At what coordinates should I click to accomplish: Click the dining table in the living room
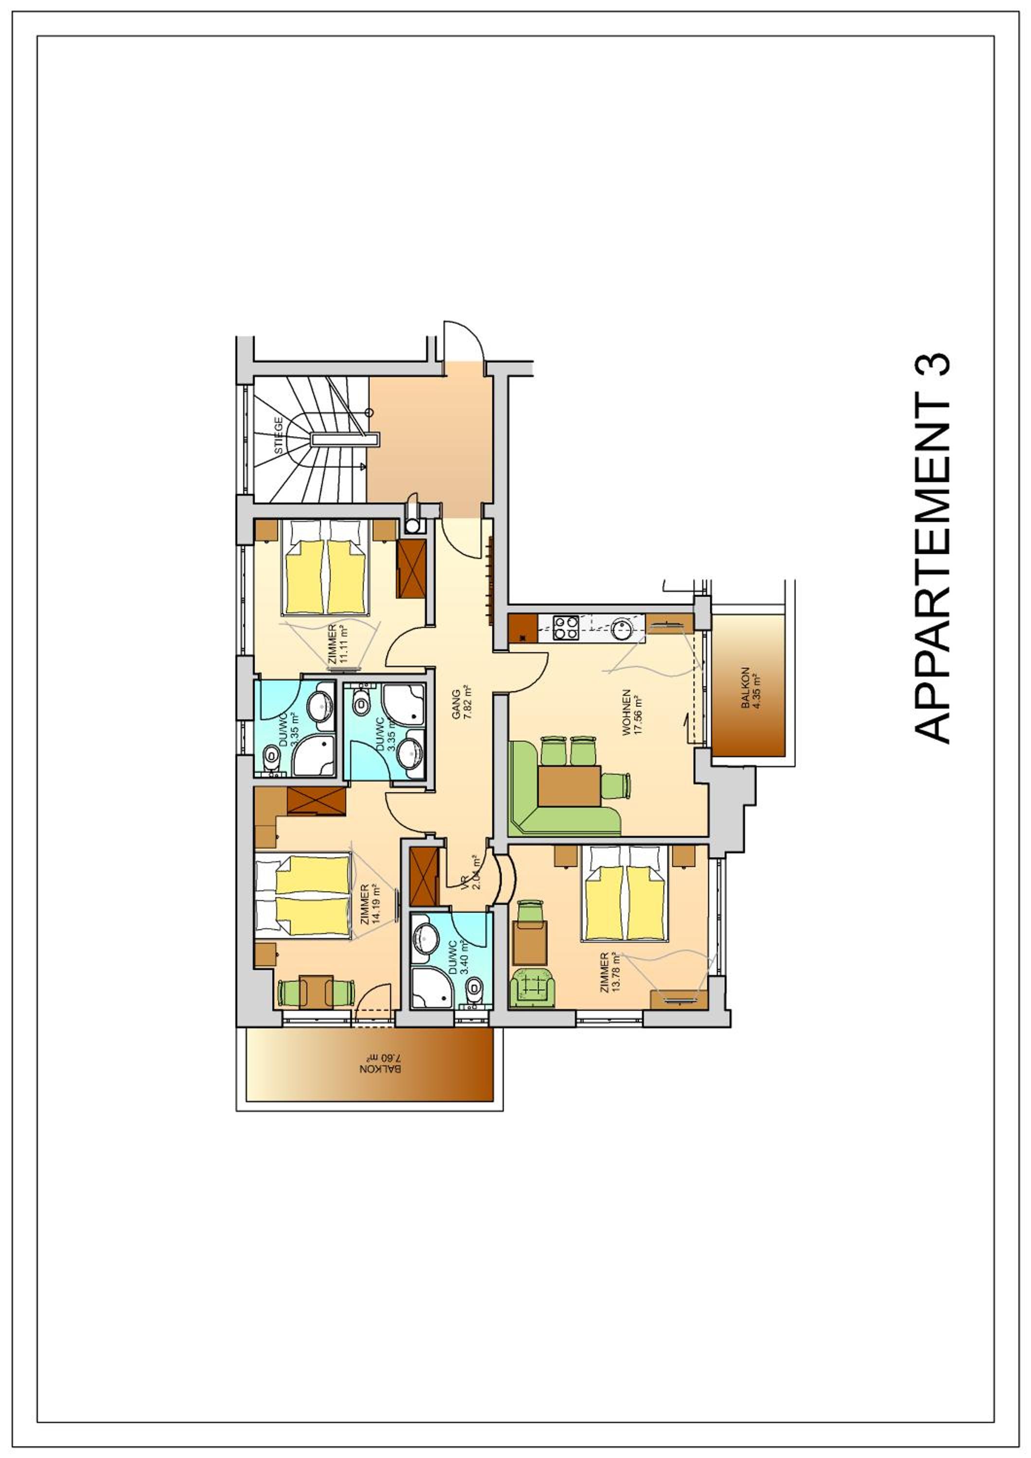coord(570,786)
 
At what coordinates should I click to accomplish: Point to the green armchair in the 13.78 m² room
coord(533,988)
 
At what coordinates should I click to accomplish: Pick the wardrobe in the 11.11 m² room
coord(411,568)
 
